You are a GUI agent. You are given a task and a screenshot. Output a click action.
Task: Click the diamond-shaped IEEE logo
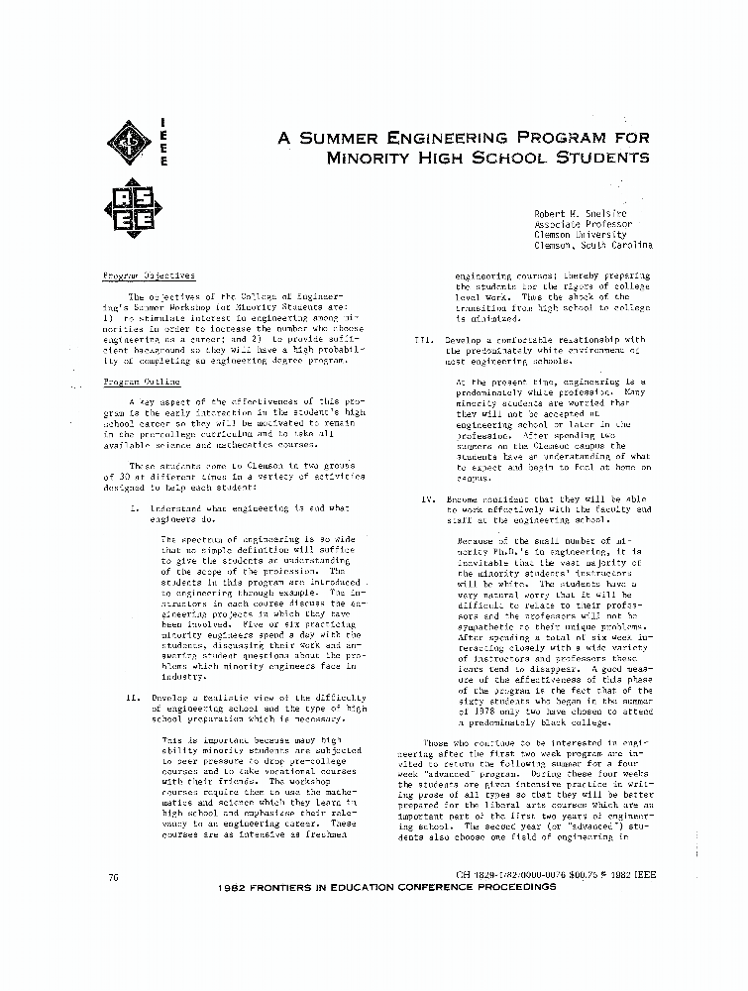click(x=128, y=143)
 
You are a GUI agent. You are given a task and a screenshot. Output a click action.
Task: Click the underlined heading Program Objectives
click(x=150, y=275)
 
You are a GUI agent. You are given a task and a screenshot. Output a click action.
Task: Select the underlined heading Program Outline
click(x=143, y=382)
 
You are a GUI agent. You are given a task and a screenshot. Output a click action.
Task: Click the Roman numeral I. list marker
click(x=135, y=507)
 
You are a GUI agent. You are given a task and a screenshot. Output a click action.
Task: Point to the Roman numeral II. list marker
click(x=133, y=697)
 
